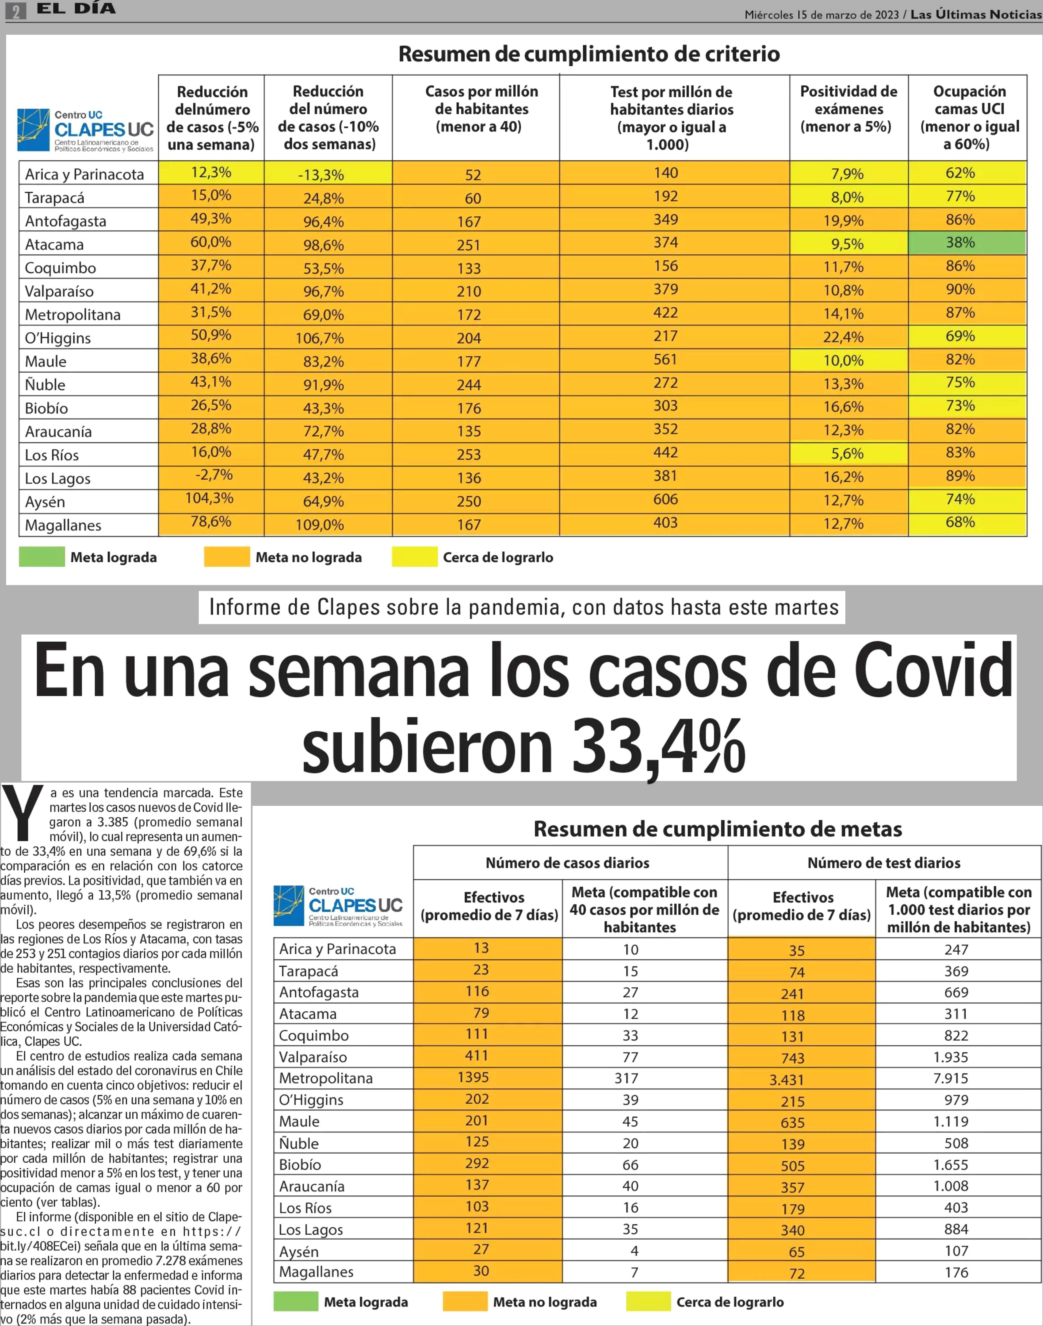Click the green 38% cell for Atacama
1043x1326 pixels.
pos(967,243)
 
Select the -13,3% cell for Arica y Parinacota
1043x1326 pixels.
pos(328,173)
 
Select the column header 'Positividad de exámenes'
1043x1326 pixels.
pos(849,109)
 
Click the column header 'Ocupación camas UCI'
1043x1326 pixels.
pos(969,118)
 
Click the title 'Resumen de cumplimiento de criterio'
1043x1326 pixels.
pos(589,54)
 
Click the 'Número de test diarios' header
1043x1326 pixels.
pos(884,862)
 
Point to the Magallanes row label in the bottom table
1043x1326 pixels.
pos(316,1272)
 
